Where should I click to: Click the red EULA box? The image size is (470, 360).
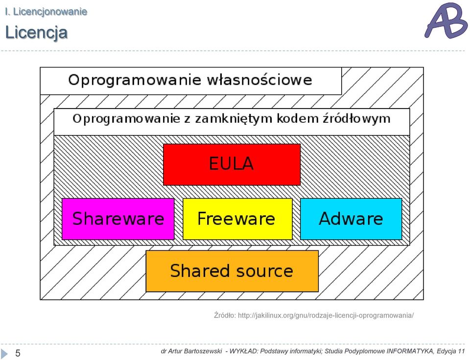pyautogui.click(x=232, y=164)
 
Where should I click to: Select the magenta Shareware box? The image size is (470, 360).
pyautogui.click(x=118, y=219)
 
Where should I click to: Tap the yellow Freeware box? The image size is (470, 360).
pyautogui.click(x=237, y=219)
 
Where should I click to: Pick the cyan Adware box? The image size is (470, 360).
pyautogui.click(x=351, y=219)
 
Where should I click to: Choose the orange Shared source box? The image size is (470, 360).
pyautogui.click(x=232, y=271)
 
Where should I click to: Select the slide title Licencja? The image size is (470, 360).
pyautogui.click(x=36, y=33)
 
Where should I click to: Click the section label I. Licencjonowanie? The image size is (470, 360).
pyautogui.click(x=46, y=12)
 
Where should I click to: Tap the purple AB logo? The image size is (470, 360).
pyautogui.click(x=446, y=21)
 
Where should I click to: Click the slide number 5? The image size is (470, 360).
pyautogui.click(x=18, y=353)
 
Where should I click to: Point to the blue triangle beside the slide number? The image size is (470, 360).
pyautogui.click(x=4, y=353)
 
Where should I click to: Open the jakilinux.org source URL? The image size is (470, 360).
pyautogui.click(x=326, y=315)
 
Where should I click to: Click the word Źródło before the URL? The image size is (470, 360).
pyautogui.click(x=225, y=315)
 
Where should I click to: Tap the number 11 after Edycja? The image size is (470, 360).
pyautogui.click(x=461, y=351)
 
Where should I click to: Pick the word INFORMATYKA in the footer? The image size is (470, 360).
pyautogui.click(x=410, y=351)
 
